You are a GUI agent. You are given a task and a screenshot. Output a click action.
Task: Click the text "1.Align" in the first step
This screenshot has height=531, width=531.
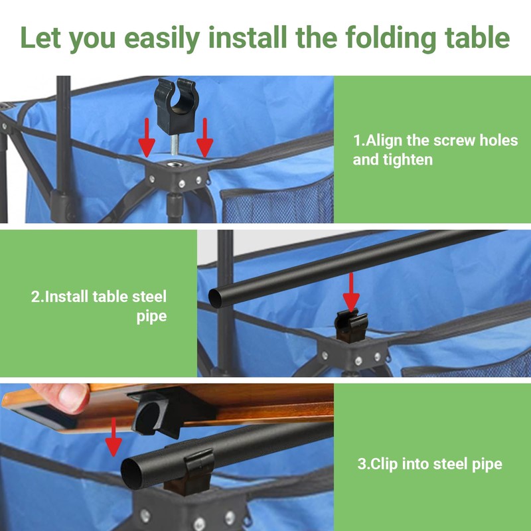[x=378, y=140]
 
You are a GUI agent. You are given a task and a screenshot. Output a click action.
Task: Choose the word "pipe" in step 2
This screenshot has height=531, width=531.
[x=151, y=316]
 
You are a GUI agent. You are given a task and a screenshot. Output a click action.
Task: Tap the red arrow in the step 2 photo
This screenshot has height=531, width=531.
[x=351, y=291]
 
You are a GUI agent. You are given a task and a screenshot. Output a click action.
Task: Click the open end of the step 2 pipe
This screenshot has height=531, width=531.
[x=214, y=296]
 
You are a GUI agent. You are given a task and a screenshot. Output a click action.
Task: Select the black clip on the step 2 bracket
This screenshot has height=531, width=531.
[x=350, y=323]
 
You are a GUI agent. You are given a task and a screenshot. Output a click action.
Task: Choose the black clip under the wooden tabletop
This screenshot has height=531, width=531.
[x=154, y=415]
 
